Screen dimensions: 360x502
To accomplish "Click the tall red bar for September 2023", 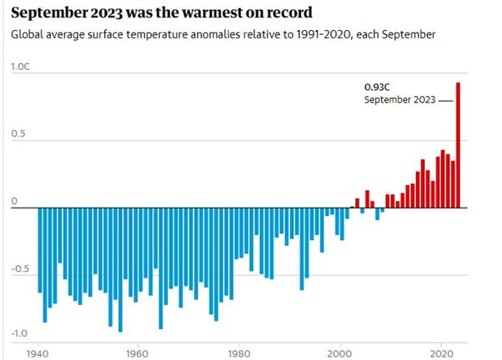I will pyautogui.click(x=458, y=146).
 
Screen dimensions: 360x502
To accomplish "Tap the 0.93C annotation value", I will pyautogui.click(x=376, y=86).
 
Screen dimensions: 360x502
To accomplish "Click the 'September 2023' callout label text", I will pyautogui.click(x=399, y=100).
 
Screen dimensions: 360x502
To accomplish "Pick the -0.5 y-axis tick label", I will pyautogui.click(x=20, y=268).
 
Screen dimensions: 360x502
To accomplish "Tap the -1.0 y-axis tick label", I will pyautogui.click(x=20, y=333).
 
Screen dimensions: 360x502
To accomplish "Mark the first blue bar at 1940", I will pyautogui.click(x=39, y=250).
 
